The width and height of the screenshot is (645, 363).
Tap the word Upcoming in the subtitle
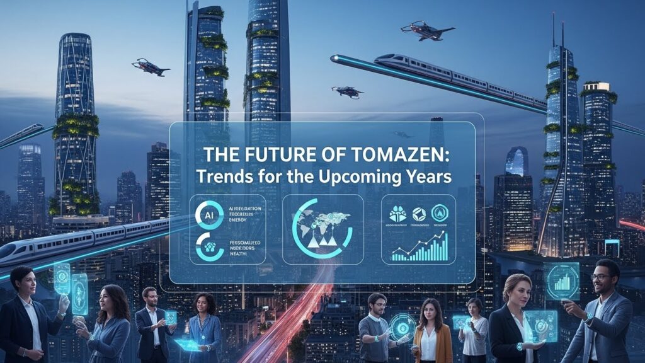point(380,176)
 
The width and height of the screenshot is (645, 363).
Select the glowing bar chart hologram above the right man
point(561,280)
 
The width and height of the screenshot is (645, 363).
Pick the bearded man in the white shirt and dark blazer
point(151,318)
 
